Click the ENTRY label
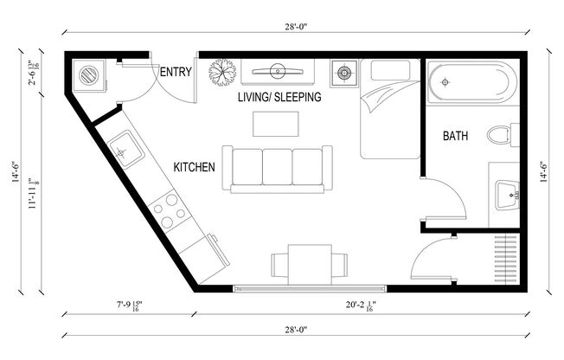[x=176, y=72]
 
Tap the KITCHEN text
[x=194, y=166]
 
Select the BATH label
[x=457, y=136]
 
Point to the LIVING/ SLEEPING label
[x=279, y=98]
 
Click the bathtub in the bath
[x=471, y=83]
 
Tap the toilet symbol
[x=500, y=136]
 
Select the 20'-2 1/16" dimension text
[x=356, y=305]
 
